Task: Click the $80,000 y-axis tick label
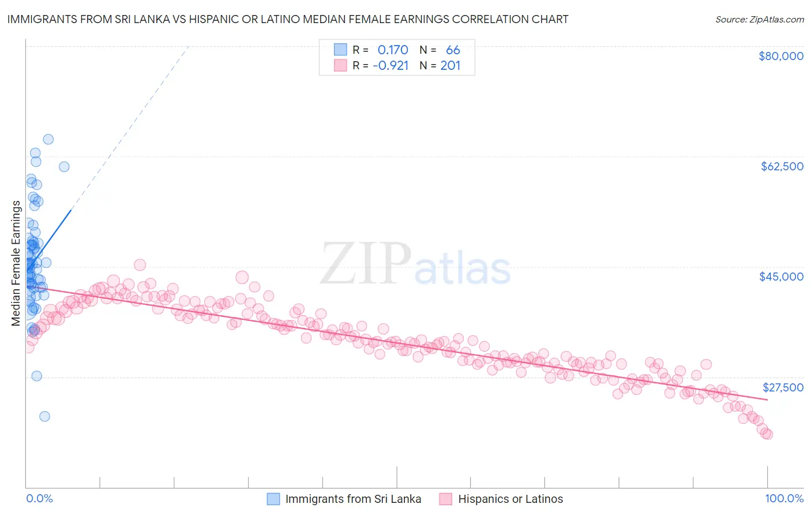780,56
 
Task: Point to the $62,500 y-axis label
782,166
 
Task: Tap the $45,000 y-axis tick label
781,277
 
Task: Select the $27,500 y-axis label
783,387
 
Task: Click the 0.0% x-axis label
39,498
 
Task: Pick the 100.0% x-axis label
784,498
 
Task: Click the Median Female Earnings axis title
16,263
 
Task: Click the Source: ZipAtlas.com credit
759,19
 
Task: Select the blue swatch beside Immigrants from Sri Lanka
273,499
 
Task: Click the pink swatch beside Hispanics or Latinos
446,499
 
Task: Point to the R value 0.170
392,50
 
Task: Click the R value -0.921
391,65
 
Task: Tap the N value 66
453,50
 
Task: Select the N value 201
450,65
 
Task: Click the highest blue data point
48,139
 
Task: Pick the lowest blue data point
44,416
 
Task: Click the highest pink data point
140,264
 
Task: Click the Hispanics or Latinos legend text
510,499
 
